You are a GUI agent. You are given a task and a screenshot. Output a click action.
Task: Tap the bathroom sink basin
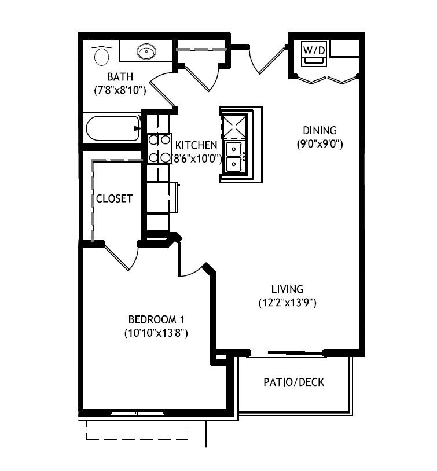point(146,51)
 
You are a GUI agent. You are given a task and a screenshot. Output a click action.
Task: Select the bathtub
point(113,128)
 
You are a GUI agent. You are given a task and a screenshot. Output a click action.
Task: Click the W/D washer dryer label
point(314,50)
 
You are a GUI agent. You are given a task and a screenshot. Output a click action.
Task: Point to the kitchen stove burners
point(159,148)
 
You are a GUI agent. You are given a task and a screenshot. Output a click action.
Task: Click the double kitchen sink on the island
point(233,157)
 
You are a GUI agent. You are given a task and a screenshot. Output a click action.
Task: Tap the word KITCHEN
point(196,145)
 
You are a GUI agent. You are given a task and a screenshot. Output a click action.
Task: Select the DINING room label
point(320,130)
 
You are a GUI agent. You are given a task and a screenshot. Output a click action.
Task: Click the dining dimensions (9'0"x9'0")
point(320,144)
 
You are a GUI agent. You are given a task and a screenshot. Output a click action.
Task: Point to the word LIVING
point(287,289)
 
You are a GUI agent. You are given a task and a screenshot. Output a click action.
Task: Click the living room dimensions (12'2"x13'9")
point(287,303)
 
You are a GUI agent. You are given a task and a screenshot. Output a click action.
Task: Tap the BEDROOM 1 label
point(156,319)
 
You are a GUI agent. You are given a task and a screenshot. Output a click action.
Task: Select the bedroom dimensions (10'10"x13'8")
point(156,333)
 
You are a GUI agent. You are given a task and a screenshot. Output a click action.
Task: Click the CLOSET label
point(114,198)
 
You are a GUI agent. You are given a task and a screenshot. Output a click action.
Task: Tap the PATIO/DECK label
point(293,382)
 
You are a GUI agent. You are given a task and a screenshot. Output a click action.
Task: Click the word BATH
point(120,77)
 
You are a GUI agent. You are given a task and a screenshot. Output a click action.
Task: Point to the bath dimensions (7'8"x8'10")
point(120,90)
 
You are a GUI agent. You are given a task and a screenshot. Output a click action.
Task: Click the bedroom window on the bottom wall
point(137,413)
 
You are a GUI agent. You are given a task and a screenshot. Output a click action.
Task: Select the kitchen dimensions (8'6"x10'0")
point(197,159)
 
